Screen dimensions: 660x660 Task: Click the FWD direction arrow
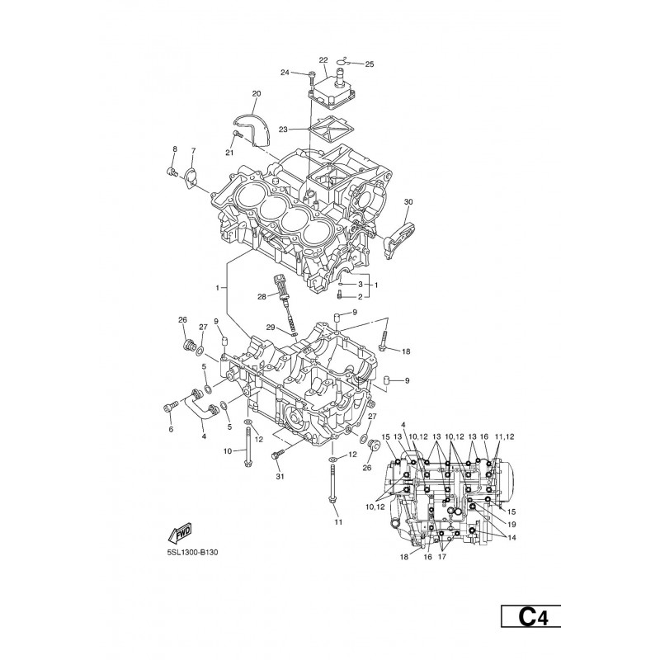tap(180, 533)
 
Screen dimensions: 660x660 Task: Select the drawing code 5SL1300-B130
tap(192, 553)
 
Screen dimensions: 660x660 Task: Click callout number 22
tap(323, 60)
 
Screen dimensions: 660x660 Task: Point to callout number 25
tap(369, 64)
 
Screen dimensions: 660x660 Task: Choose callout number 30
tap(408, 201)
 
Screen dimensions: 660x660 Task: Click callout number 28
tap(262, 297)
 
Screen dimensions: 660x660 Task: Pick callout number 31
tap(280, 477)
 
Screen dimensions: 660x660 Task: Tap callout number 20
tap(257, 93)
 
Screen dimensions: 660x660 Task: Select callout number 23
tap(283, 130)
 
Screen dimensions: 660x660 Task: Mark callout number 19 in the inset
tap(511, 525)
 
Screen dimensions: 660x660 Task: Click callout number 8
tap(175, 149)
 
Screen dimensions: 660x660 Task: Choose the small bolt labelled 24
tap(310, 75)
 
